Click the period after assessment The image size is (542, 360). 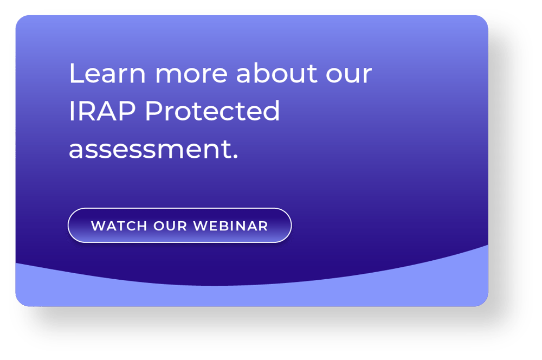click(x=235, y=157)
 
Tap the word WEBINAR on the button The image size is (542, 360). click(x=231, y=226)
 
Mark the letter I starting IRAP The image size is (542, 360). click(x=72, y=112)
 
